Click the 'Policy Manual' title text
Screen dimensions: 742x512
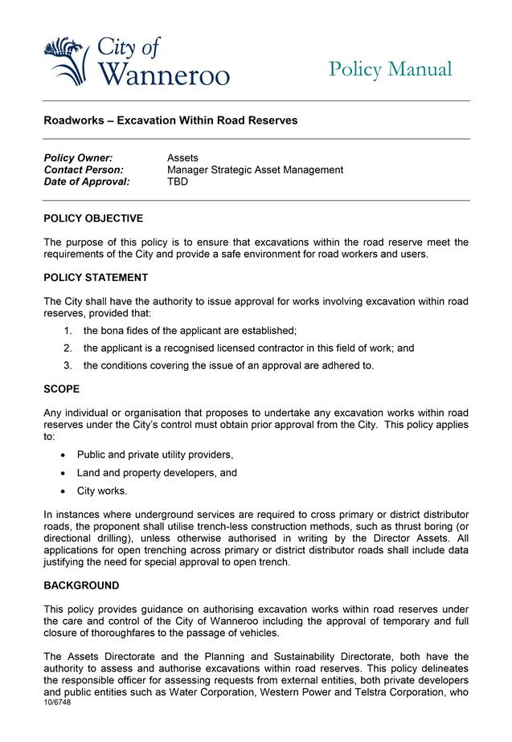pyautogui.click(x=390, y=70)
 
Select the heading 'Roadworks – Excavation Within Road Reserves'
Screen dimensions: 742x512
pyautogui.click(x=170, y=120)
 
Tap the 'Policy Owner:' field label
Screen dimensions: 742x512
pyautogui.click(x=78, y=158)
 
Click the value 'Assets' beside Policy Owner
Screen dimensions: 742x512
pyautogui.click(x=182, y=158)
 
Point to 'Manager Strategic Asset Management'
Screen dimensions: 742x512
pyautogui.click(x=255, y=170)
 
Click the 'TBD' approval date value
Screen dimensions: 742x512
pyautogui.click(x=178, y=182)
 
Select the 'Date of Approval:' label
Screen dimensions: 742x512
pyautogui.click(x=86, y=182)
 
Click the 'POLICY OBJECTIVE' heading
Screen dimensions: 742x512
pyautogui.click(x=93, y=218)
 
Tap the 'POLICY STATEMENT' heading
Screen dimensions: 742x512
pyautogui.click(x=96, y=278)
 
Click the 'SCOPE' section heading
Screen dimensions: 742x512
pyautogui.click(x=62, y=389)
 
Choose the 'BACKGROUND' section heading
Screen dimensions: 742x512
pyautogui.click(x=81, y=585)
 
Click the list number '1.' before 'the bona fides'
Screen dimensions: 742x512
pyautogui.click(x=68, y=331)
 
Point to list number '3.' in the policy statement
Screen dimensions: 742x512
pyautogui.click(x=68, y=366)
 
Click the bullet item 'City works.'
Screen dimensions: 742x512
pyautogui.click(x=102, y=491)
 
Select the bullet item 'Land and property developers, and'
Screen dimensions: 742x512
pyautogui.click(x=157, y=473)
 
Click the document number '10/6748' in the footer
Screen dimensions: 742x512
pyautogui.click(x=59, y=701)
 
